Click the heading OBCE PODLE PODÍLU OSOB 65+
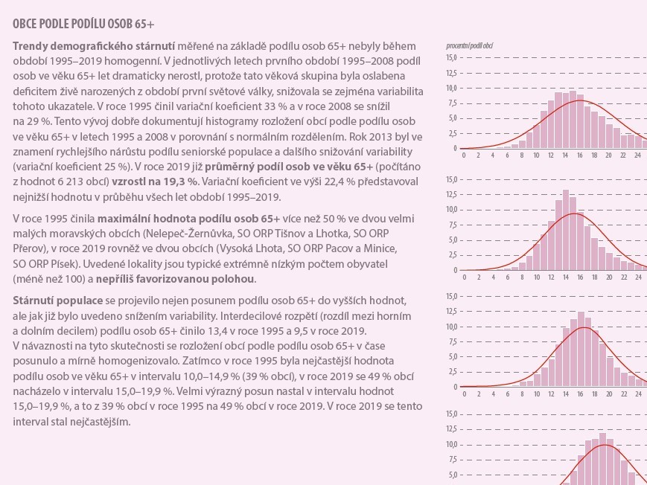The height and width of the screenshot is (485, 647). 83,24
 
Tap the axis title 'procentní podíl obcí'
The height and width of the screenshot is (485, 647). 470,46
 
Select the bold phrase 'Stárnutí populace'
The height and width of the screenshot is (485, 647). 58,301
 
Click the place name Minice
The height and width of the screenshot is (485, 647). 383,249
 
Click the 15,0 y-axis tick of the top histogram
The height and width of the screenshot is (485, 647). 451,57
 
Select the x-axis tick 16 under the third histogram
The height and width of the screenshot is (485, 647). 580,394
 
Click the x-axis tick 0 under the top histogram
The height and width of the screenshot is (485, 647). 464,155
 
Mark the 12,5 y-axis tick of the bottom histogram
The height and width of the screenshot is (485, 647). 451,429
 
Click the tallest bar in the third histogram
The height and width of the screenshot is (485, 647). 581,350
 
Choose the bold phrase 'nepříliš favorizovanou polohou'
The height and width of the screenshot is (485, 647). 175,279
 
